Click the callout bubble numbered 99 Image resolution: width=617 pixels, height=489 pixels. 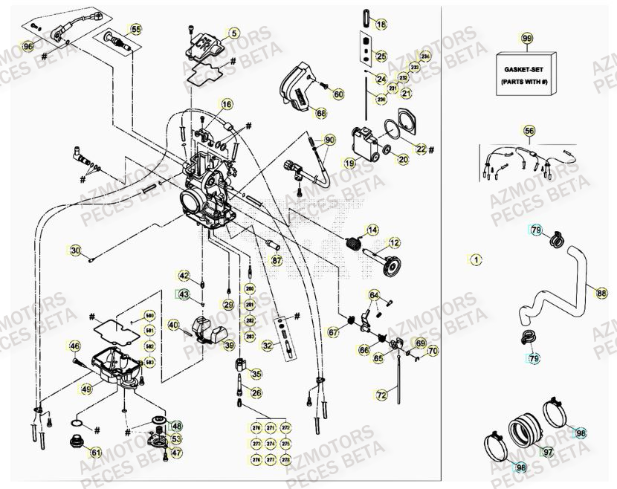[527, 38]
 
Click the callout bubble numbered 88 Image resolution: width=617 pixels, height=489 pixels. [601, 293]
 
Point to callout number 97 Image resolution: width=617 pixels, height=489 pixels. [548, 452]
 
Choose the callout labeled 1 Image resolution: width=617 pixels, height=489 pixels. [476, 259]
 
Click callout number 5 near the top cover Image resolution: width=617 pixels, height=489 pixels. [233, 33]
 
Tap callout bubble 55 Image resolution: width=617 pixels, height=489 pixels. [135, 30]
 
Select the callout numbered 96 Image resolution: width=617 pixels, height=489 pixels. [28, 46]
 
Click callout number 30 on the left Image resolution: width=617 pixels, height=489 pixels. [75, 250]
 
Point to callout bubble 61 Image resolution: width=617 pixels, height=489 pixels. [96, 452]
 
